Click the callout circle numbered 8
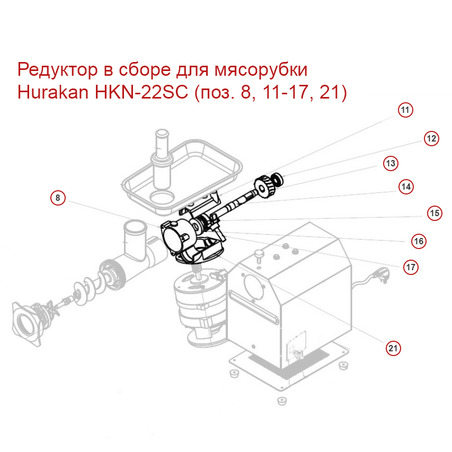[x=58, y=198]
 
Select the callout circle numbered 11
[x=405, y=110]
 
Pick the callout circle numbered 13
[x=390, y=163]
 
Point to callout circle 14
[x=406, y=187]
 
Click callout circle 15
[x=435, y=213]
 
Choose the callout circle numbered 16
[x=419, y=241]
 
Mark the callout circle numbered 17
[x=411, y=267]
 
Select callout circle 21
[x=392, y=348]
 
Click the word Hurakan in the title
[x=53, y=93]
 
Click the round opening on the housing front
[x=254, y=287]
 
